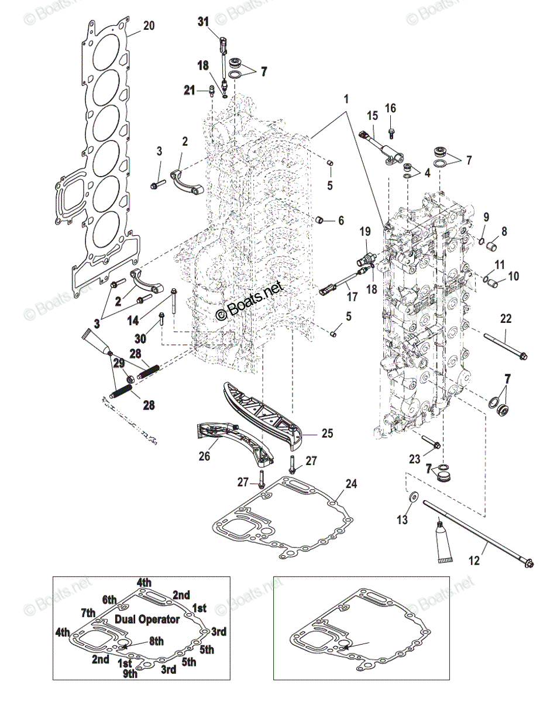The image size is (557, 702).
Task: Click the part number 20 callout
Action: [149, 25]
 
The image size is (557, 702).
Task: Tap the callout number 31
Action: [203, 22]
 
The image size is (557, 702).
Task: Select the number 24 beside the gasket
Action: [350, 484]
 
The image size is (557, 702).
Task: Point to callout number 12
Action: [474, 560]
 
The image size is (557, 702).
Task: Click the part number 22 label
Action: [506, 318]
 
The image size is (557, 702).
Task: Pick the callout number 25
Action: [326, 433]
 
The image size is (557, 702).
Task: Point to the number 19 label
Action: [365, 232]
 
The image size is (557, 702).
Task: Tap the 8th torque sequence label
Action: [156, 641]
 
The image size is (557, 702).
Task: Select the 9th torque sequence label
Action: [129, 673]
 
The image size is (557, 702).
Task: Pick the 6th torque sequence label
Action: [110, 599]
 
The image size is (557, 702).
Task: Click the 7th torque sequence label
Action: [88, 612]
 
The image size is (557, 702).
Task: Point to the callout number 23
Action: [414, 459]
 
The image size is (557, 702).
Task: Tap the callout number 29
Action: [119, 363]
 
